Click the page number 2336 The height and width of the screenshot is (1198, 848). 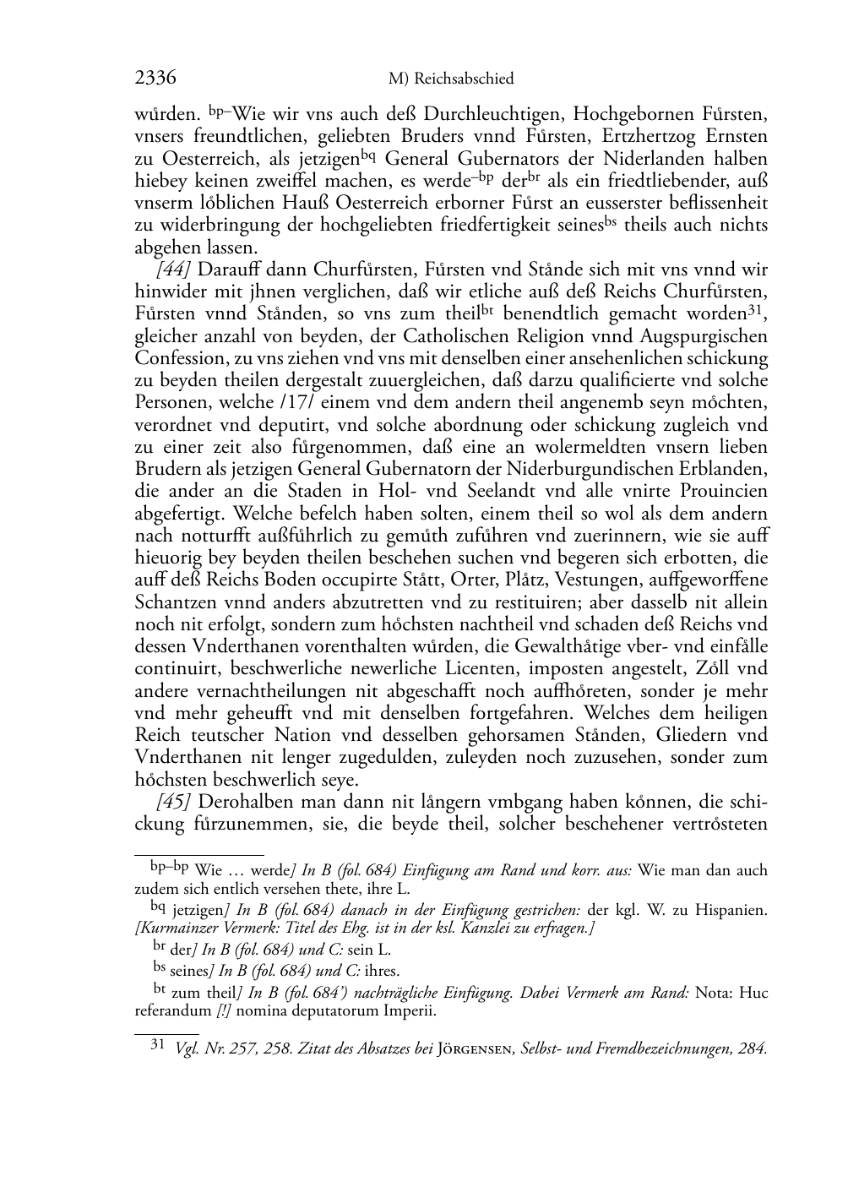point(155,79)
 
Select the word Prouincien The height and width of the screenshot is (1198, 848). point(727,491)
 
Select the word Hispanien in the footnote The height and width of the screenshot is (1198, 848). point(735,910)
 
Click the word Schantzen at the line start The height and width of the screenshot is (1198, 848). point(174,602)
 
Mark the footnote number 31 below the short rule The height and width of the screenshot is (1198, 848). point(156,1045)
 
